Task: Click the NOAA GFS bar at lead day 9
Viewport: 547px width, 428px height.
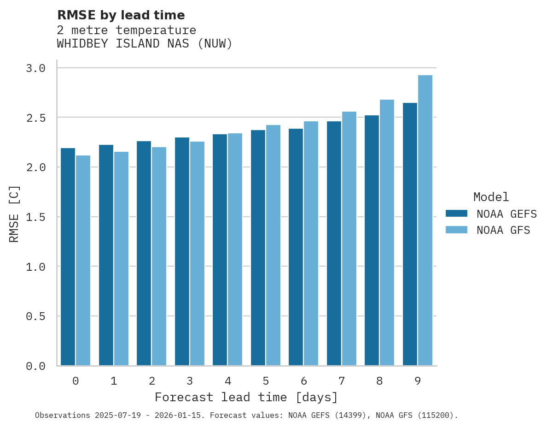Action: (x=425, y=220)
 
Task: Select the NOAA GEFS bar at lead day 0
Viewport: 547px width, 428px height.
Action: (x=68, y=256)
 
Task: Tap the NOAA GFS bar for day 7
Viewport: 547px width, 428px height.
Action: (x=349, y=238)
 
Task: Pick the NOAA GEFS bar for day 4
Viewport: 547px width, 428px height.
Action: (x=220, y=250)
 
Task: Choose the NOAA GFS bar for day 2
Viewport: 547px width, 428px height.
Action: (x=159, y=256)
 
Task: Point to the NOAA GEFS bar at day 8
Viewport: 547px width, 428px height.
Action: (x=372, y=240)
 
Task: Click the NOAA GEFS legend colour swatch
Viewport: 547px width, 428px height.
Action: (x=456, y=214)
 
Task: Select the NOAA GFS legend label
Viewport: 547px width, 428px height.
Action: (x=503, y=230)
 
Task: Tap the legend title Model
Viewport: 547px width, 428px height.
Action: (x=491, y=197)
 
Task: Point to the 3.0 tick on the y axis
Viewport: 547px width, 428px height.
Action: (x=35, y=68)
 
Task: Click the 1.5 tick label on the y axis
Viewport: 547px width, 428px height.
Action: (x=35, y=217)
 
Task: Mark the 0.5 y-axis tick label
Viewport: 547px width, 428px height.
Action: (x=35, y=316)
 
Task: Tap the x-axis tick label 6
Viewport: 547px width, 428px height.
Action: (x=304, y=381)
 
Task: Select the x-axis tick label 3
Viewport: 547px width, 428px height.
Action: (x=190, y=381)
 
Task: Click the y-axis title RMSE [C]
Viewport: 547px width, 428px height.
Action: (x=14, y=214)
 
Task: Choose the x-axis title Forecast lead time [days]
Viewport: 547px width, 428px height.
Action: (x=246, y=397)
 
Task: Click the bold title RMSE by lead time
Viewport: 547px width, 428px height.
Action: (x=121, y=15)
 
